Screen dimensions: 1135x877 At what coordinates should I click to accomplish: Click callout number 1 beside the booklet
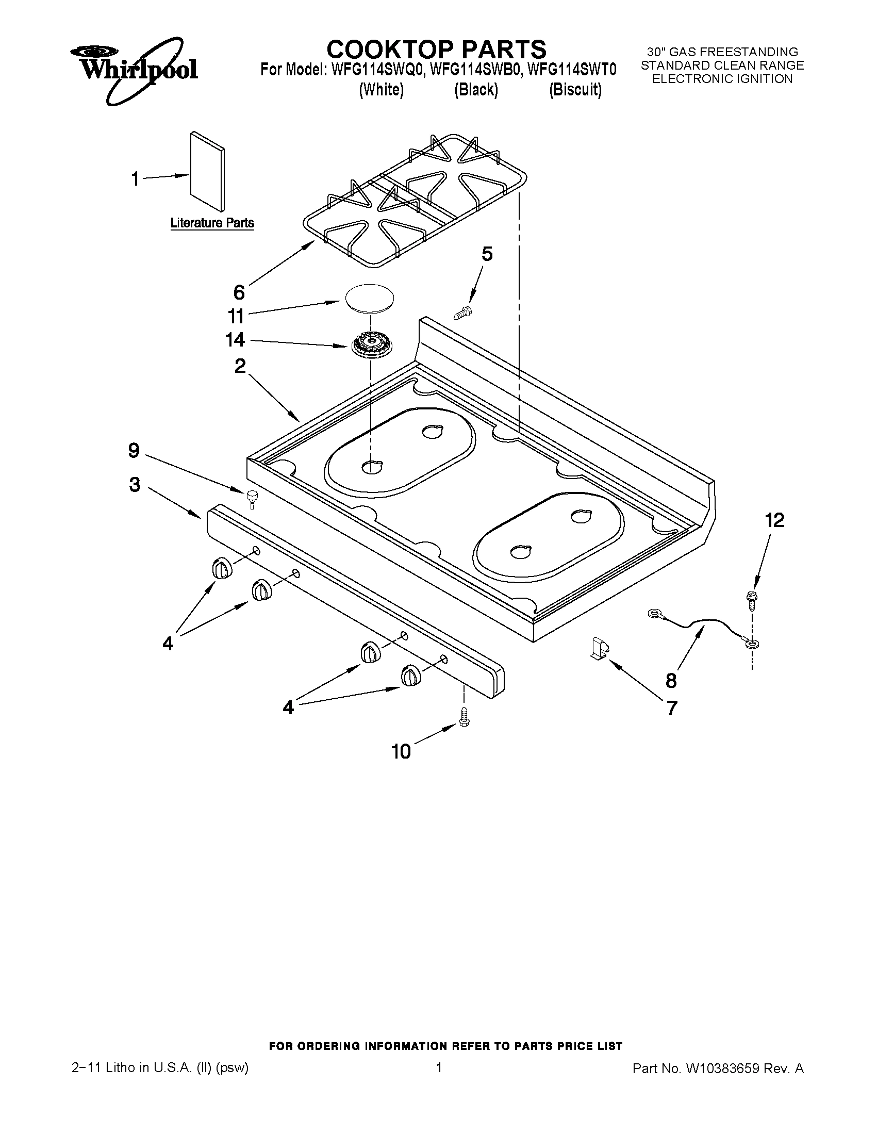(x=135, y=179)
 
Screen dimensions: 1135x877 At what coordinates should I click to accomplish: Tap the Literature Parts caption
(x=212, y=223)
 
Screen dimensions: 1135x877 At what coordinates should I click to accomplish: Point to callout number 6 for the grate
(x=239, y=292)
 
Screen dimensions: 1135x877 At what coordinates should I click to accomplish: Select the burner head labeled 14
(x=370, y=345)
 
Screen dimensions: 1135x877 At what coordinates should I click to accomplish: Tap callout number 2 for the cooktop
(x=240, y=366)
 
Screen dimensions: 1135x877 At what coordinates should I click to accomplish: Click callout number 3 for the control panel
(x=135, y=484)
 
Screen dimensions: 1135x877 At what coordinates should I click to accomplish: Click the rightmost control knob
(x=410, y=676)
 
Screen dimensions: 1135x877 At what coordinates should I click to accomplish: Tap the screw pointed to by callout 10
(x=464, y=718)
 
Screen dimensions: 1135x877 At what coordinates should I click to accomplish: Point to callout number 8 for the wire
(x=671, y=680)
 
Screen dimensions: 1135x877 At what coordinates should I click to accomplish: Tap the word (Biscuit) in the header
(x=575, y=90)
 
